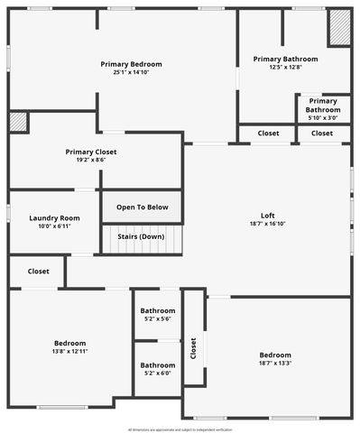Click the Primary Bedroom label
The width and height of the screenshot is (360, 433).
pyautogui.click(x=132, y=64)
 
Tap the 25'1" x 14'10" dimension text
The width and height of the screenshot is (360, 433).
pyautogui.click(x=132, y=72)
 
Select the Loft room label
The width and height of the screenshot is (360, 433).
pyautogui.click(x=268, y=216)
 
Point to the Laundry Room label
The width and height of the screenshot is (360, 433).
pyautogui.click(x=54, y=218)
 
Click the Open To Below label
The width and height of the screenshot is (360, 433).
pyautogui.click(x=142, y=207)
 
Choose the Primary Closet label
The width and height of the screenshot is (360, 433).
pyautogui.click(x=91, y=152)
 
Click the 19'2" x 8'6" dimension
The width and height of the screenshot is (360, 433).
pyautogui.click(x=91, y=160)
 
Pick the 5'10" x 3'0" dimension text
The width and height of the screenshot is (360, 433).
pyautogui.click(x=323, y=117)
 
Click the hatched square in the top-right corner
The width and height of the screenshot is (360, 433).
pyautogui.click(x=338, y=28)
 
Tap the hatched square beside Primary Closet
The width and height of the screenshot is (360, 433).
pyautogui.click(x=18, y=123)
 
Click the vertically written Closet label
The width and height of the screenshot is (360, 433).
pyautogui.click(x=193, y=349)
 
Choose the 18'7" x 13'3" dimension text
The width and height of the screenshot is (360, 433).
pyautogui.click(x=275, y=363)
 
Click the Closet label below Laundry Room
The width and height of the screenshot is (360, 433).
pyautogui.click(x=38, y=271)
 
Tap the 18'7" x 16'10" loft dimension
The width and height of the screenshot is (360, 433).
pyautogui.click(x=268, y=224)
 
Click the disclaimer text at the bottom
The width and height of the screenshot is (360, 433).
pyautogui.click(x=180, y=429)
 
